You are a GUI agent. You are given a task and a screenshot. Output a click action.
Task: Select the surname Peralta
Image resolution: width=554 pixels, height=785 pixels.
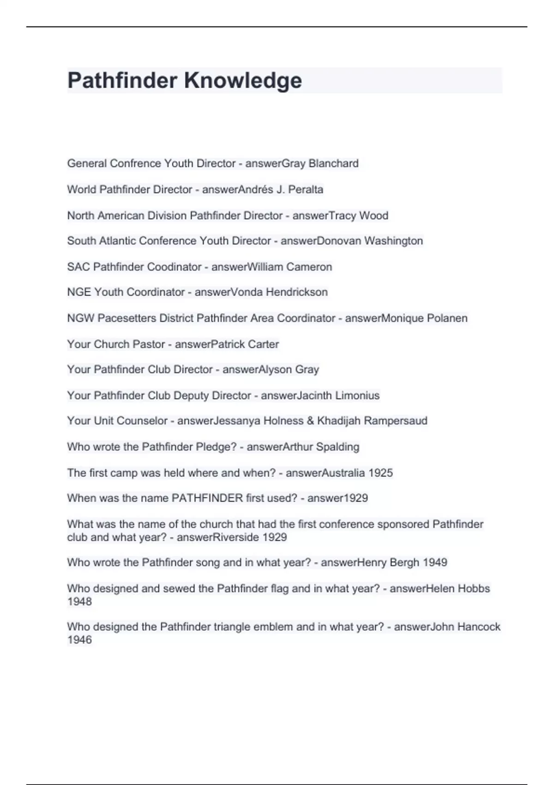point(306,190)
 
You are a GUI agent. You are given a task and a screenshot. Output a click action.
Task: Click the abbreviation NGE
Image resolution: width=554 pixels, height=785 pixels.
point(79,292)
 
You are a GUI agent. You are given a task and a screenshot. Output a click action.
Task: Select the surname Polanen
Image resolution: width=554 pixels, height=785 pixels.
point(446,318)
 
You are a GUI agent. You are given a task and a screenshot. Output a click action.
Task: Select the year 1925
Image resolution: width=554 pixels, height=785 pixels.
point(380,473)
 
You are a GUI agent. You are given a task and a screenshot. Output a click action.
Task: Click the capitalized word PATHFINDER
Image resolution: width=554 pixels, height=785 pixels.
point(207,498)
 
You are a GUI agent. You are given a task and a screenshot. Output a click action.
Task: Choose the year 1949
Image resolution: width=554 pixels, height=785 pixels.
point(434,562)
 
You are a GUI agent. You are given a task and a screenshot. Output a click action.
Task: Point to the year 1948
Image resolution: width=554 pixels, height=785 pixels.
point(79,602)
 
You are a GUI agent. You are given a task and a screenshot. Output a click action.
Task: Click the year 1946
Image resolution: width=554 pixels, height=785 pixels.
point(79,640)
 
